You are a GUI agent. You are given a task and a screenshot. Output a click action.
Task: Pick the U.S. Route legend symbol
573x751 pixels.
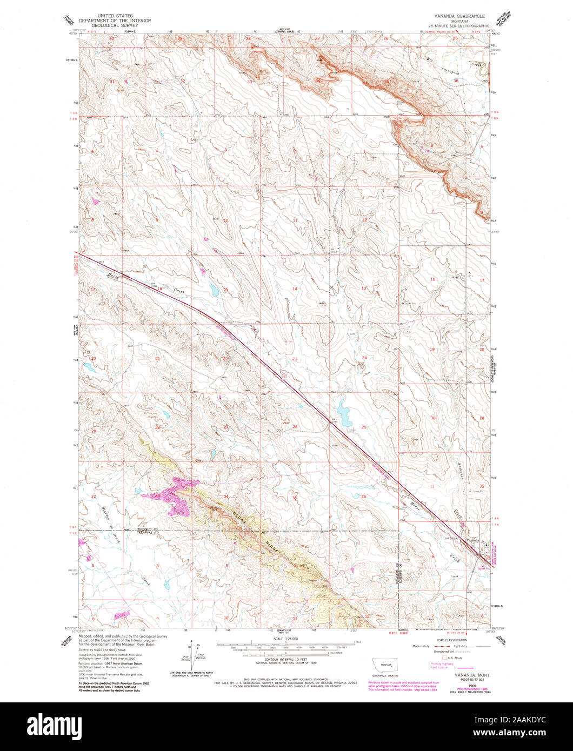pos(445,658)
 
